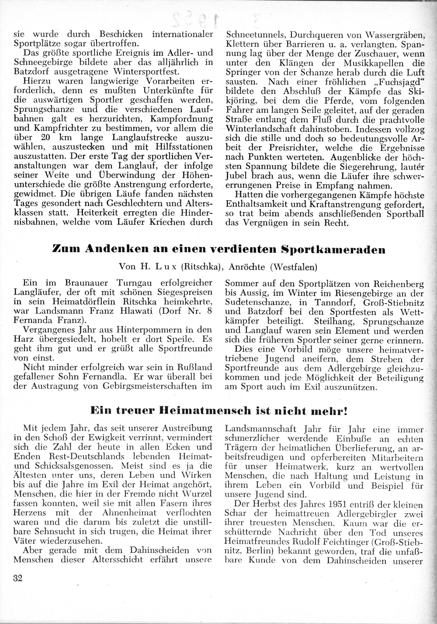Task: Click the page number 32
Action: click(x=18, y=579)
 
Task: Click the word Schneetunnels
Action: click(x=253, y=34)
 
